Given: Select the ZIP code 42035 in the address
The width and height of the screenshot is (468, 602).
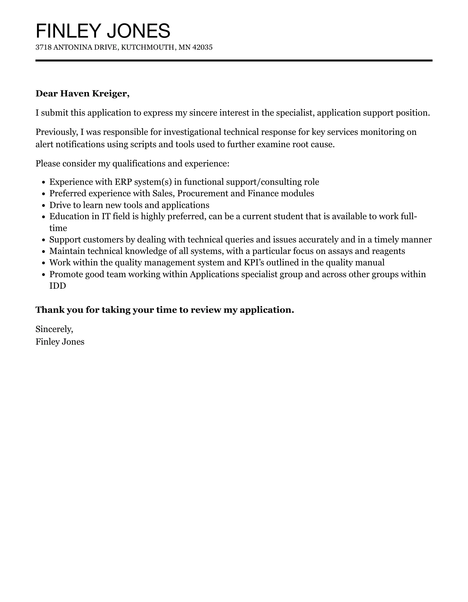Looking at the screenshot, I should coord(202,47).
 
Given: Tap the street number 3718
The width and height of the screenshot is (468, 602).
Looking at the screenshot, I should coord(43,47).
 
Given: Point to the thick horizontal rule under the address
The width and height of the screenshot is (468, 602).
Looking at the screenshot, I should coord(234,61).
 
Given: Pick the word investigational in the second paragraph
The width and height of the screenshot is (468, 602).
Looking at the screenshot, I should coord(192,132).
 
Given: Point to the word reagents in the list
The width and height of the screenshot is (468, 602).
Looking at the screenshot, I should coord(388,251).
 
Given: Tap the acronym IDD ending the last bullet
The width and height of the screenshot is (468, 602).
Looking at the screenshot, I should coord(58,286).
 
